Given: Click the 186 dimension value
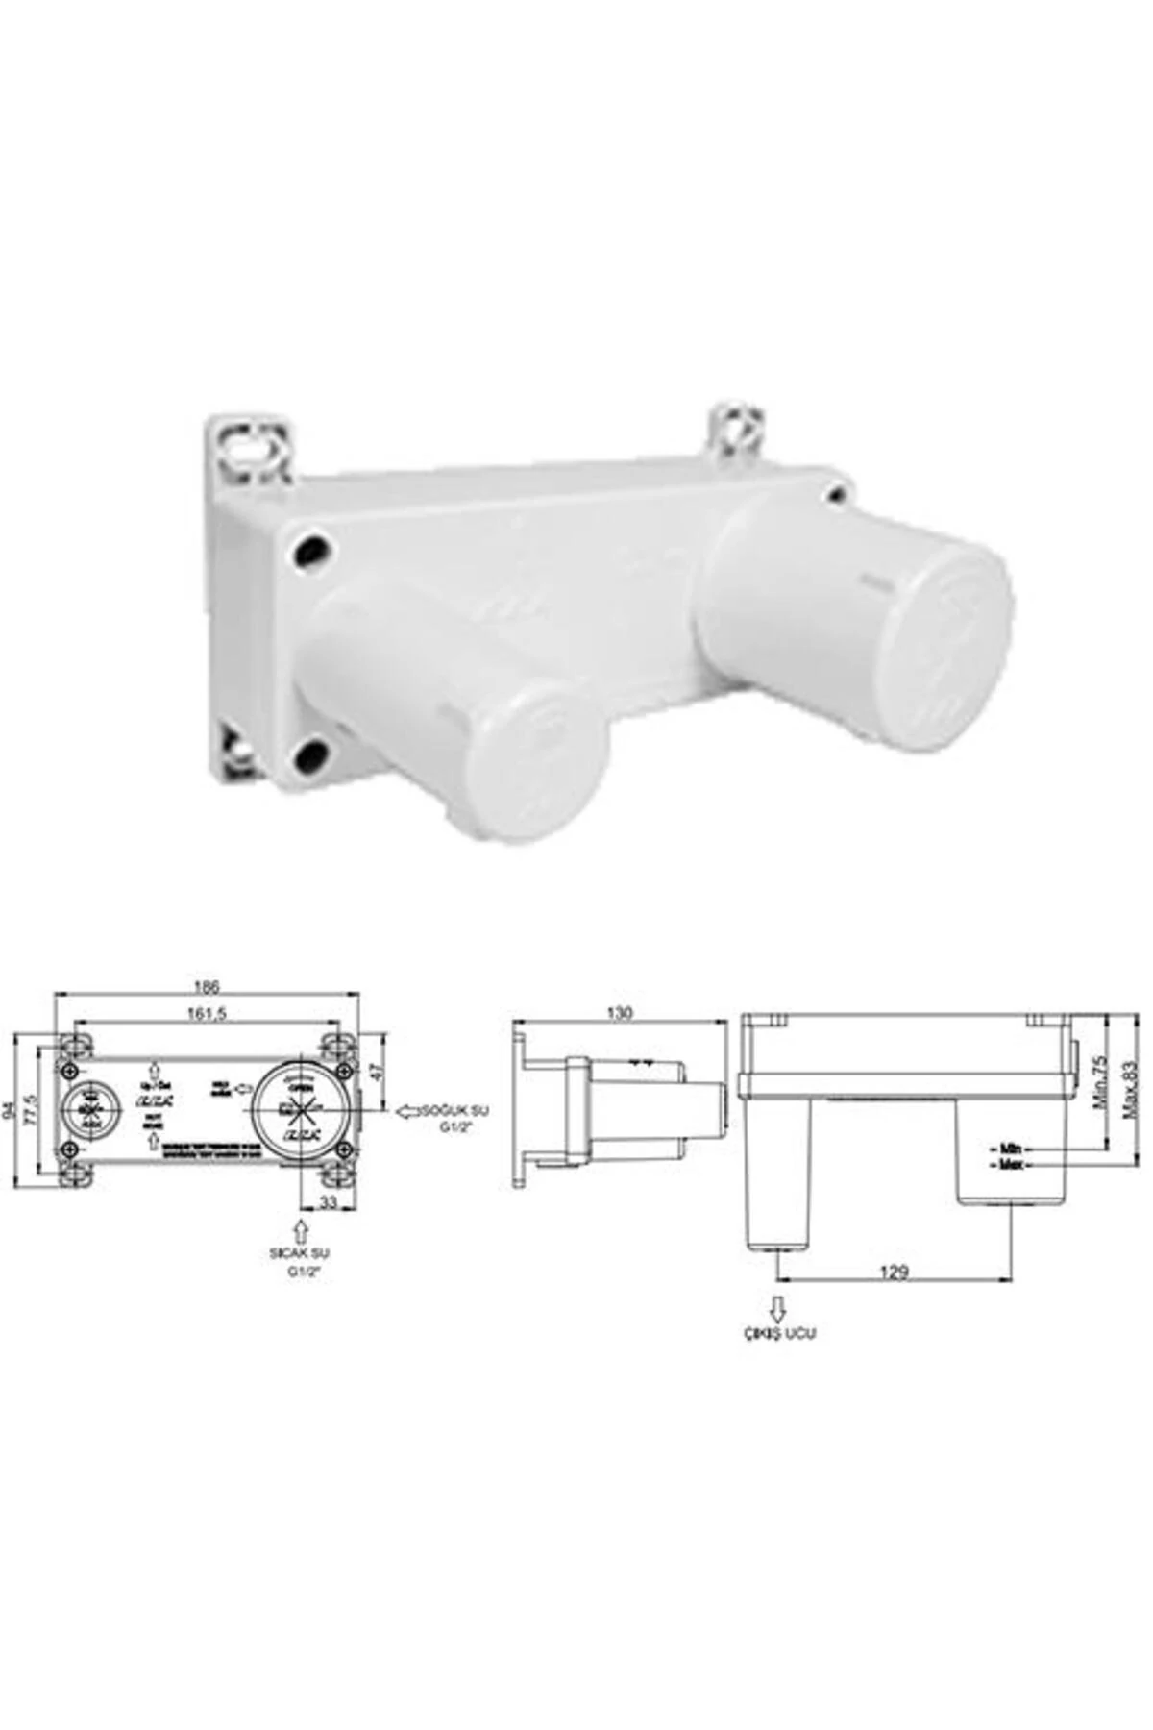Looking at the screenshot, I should (207, 987).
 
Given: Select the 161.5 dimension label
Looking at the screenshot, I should (207, 1016).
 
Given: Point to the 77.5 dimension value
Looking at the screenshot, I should (33, 1111).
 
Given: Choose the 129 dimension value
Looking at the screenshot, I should (894, 1273).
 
